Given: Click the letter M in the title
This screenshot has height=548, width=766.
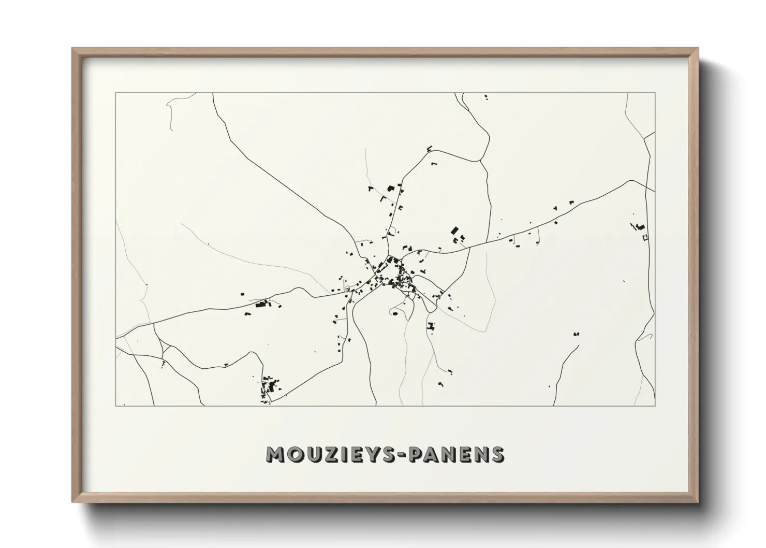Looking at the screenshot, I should [276, 454].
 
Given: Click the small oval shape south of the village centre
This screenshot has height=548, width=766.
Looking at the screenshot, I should [395, 313].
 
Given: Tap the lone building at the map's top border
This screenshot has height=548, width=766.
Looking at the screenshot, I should [485, 96].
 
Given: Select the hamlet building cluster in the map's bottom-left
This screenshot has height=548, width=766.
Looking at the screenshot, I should [269, 386].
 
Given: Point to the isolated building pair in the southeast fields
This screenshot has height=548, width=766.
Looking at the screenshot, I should [576, 334].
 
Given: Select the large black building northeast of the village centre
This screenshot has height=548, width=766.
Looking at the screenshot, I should [455, 230].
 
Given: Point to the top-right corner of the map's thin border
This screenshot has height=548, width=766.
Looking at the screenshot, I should [655, 93].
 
